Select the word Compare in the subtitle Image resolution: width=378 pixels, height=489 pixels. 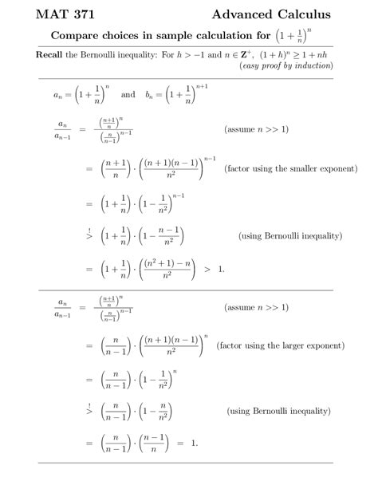[x=77, y=36]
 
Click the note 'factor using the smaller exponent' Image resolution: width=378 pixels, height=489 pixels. [x=290, y=169]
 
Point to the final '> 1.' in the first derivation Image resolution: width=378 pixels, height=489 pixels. [x=214, y=269]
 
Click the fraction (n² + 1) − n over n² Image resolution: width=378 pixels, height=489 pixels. [x=165, y=269]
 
